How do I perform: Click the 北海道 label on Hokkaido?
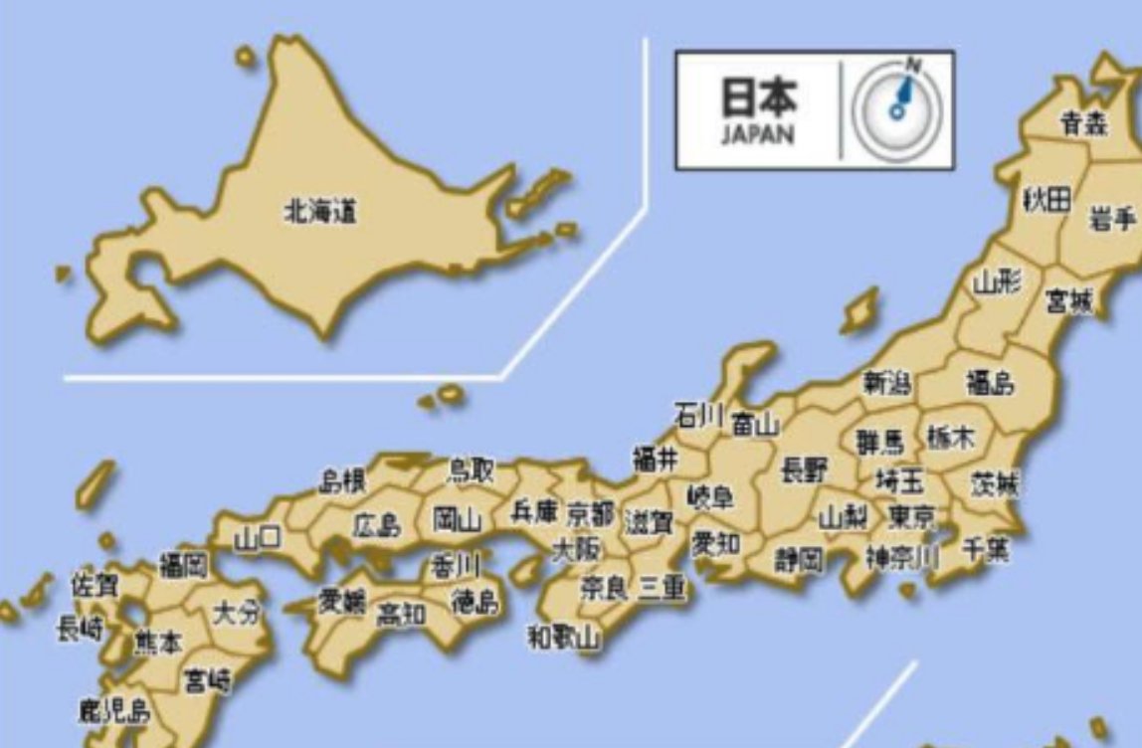click(x=320, y=212)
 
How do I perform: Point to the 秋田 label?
click(x=1047, y=199)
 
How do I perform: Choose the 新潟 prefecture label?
click(x=886, y=383)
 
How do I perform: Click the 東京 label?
click(x=911, y=517)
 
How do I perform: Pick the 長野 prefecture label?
click(x=804, y=469)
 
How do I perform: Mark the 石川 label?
click(x=698, y=415)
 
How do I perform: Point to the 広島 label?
click(x=377, y=524)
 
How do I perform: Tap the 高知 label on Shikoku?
click(x=401, y=615)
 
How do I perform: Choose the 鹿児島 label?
click(x=113, y=710)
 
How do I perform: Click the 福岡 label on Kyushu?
click(x=184, y=567)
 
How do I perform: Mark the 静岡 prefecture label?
click(x=800, y=560)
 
